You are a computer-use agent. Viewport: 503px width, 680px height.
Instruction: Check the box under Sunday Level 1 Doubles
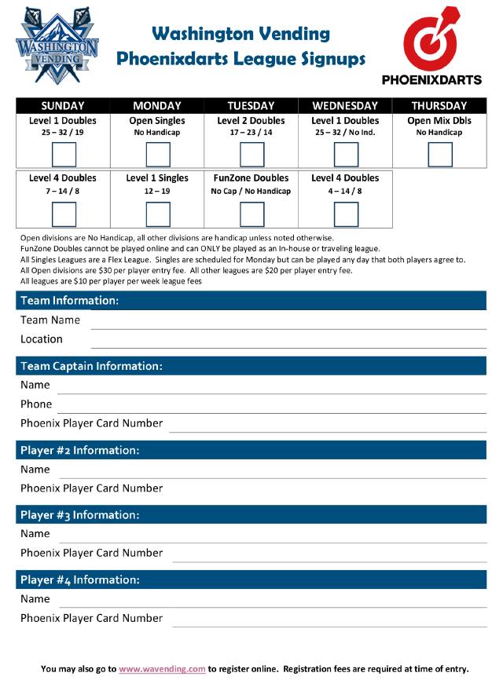(x=63, y=155)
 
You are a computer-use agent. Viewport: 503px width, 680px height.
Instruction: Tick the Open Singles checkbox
(x=157, y=155)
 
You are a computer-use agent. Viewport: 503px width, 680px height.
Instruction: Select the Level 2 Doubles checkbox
(x=251, y=155)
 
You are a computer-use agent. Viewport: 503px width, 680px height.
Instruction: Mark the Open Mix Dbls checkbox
(x=440, y=155)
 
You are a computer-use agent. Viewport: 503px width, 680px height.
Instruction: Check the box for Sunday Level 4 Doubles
(x=63, y=214)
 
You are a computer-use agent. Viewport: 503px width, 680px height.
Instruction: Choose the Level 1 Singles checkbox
(x=157, y=214)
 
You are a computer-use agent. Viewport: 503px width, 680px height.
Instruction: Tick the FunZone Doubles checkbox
(x=251, y=214)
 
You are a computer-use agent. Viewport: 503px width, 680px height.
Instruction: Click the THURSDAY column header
(x=439, y=106)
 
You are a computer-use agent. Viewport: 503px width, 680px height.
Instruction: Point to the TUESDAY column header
(x=251, y=106)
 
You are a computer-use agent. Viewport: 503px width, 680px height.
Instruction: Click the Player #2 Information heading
(x=79, y=451)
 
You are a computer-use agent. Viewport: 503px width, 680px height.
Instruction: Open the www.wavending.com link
(x=162, y=669)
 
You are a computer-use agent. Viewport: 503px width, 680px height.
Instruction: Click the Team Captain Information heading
(x=91, y=366)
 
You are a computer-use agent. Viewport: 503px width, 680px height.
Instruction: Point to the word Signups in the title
(x=331, y=58)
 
